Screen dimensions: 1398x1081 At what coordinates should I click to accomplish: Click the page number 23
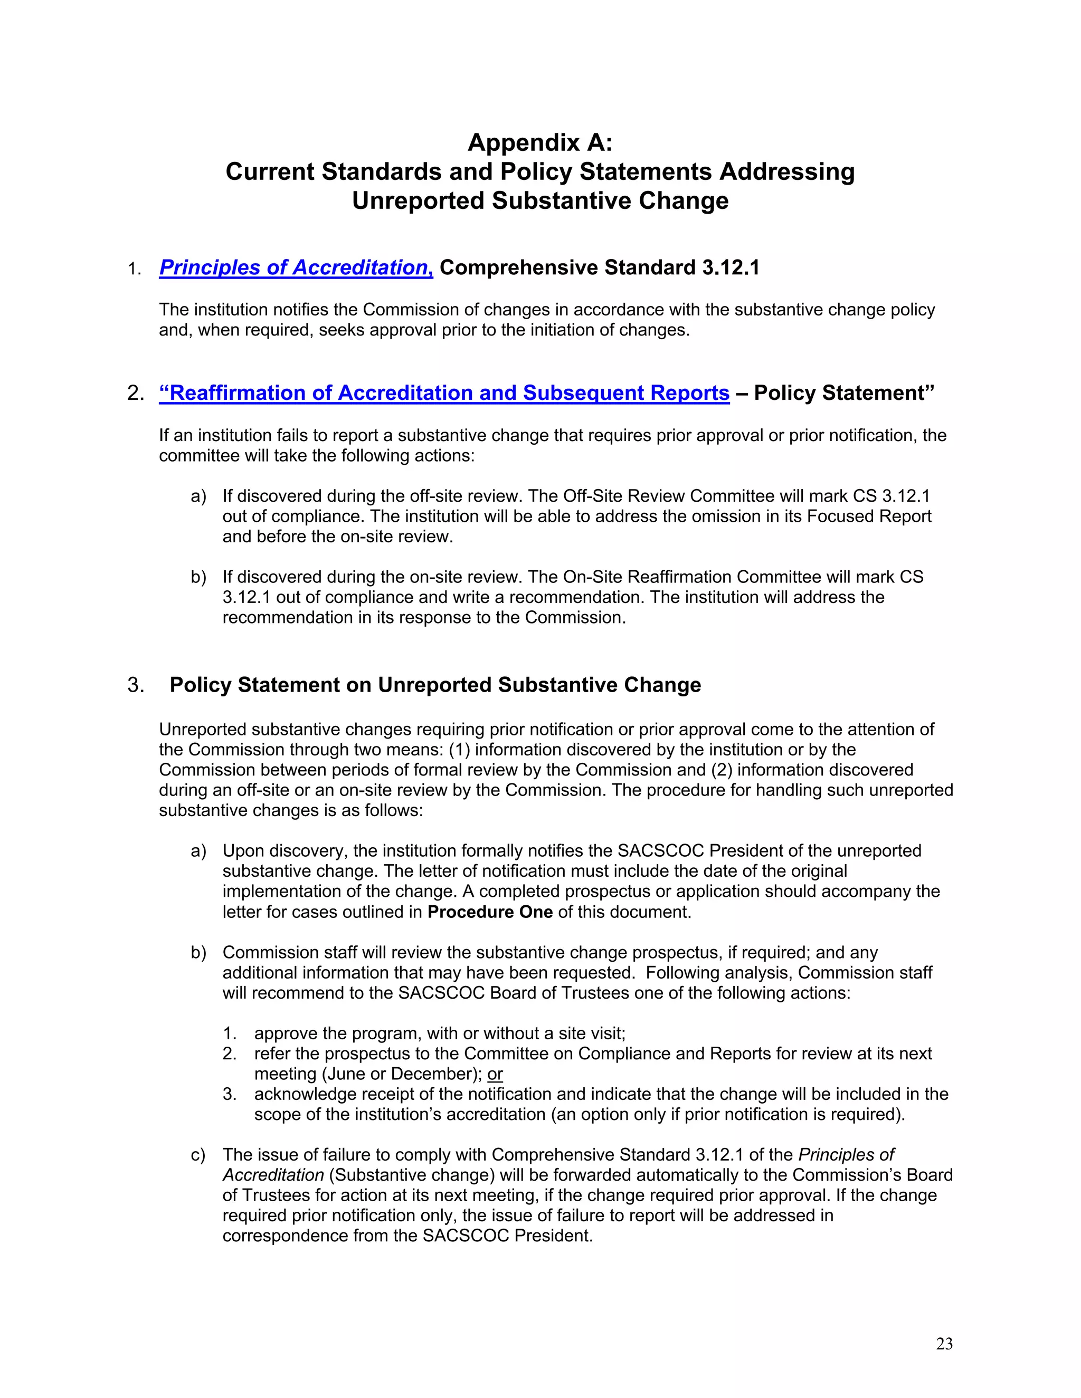944,1344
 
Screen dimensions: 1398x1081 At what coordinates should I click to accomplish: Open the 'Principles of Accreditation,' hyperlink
296,267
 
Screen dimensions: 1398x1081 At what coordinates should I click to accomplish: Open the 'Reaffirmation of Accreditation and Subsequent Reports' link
444,392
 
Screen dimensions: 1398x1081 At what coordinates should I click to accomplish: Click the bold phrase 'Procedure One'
490,912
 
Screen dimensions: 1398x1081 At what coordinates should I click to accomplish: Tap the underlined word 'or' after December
495,1074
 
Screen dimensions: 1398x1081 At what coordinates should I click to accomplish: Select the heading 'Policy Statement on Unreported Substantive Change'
435,685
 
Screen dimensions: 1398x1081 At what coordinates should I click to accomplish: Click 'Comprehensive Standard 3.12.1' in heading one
600,267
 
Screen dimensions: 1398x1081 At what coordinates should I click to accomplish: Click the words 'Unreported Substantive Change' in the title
540,201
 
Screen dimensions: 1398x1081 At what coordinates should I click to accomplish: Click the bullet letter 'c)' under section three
198,1155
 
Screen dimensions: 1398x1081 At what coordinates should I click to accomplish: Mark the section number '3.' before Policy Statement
136,685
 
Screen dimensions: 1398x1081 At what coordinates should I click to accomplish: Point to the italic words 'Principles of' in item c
846,1155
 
